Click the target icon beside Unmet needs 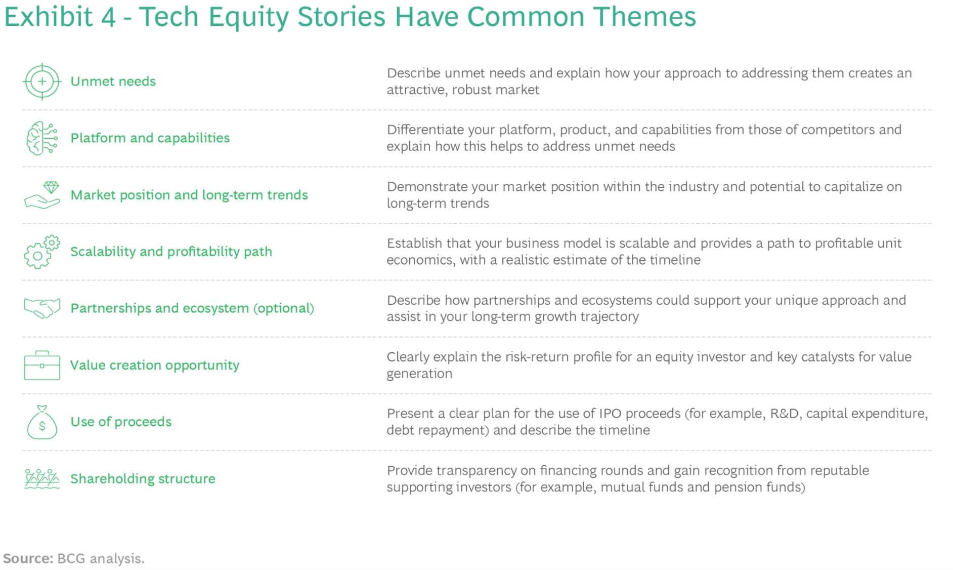pos(42,81)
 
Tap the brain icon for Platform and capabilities pos(42,138)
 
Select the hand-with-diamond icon pos(42,195)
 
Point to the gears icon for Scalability pos(42,252)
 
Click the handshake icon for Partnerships pos(42,308)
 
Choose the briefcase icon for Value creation pos(42,365)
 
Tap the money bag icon pos(42,422)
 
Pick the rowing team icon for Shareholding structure pos(42,478)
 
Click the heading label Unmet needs pos(113,81)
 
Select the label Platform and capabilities pos(150,138)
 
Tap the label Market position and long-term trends pos(189,195)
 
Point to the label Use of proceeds pos(121,422)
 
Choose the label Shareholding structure pos(143,478)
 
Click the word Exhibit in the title pos(49,16)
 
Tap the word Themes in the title pos(644,16)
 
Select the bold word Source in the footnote pos(28,558)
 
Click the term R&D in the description pos(784,414)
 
